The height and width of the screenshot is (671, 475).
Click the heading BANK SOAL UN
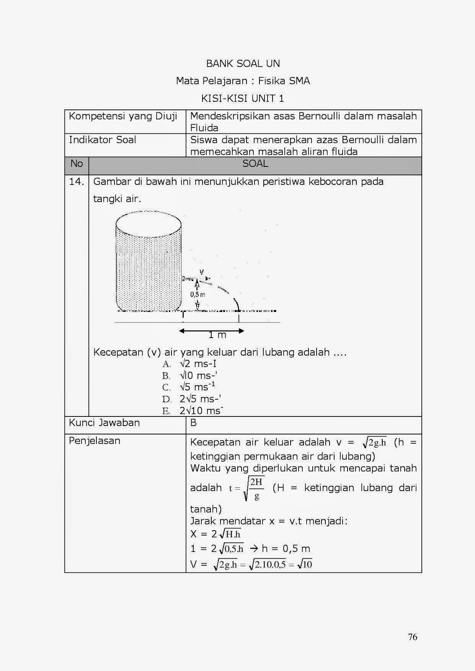243,64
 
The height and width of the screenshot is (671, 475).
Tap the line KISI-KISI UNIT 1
243,99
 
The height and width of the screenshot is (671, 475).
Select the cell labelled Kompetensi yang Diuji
123,117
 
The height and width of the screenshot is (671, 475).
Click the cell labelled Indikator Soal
102,140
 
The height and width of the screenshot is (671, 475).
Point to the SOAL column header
255,164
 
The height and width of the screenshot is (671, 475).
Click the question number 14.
76,182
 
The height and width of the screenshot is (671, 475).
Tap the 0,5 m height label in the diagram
197,294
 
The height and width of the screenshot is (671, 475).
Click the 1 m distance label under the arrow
217,335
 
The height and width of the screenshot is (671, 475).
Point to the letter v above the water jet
201,272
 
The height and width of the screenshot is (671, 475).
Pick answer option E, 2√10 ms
201,411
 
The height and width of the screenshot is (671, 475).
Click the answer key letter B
193,423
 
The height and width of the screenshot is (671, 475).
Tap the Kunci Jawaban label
104,423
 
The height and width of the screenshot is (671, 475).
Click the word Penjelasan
94,441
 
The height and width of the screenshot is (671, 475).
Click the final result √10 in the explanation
305,564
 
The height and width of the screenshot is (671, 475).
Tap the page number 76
412,637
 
